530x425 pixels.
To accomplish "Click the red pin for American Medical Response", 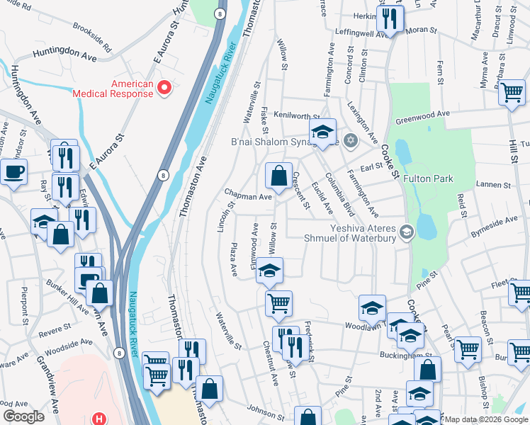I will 164,88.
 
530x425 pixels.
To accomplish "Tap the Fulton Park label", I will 428,179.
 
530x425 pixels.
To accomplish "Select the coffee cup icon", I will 13,171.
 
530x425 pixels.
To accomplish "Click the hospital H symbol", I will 100,419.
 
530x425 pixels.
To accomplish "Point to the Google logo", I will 23,416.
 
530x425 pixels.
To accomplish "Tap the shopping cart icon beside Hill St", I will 512,93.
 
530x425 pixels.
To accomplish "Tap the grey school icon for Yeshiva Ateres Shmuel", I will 406,231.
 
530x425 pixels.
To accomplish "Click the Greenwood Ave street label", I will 423,116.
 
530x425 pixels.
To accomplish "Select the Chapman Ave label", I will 248,195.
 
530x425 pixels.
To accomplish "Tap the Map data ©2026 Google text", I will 486,419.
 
